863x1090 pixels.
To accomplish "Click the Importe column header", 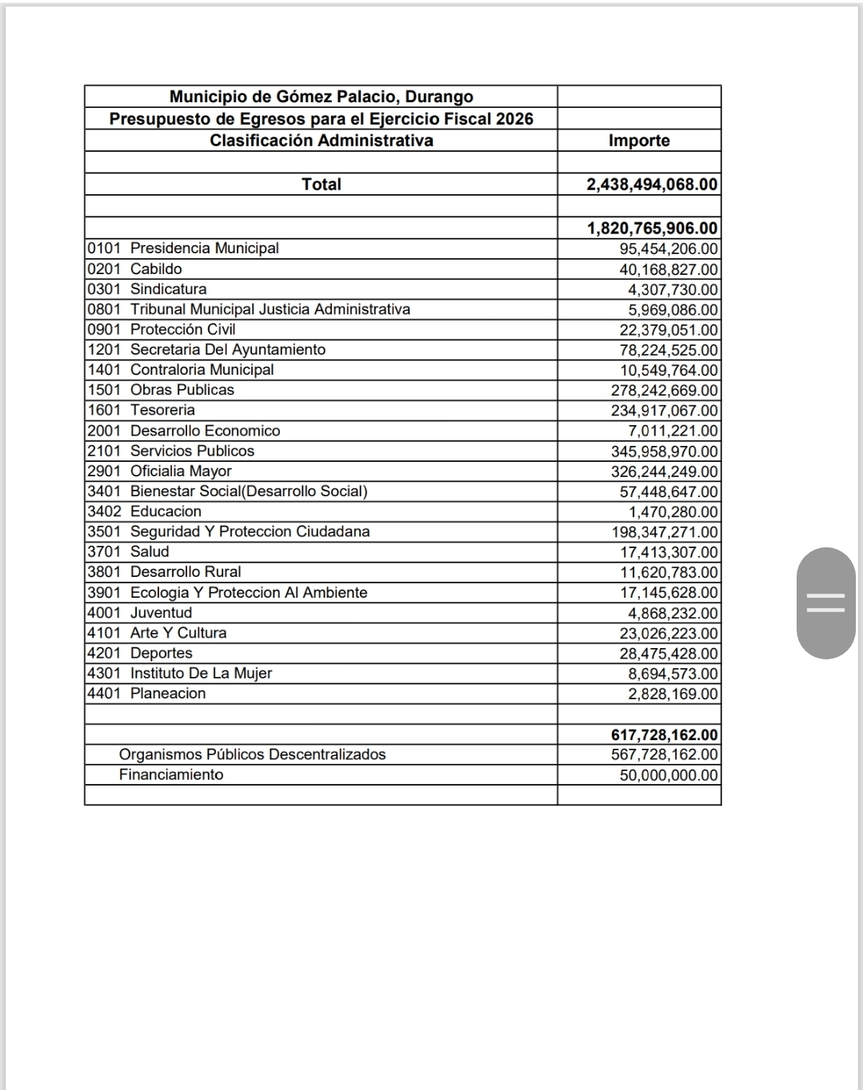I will [639, 141].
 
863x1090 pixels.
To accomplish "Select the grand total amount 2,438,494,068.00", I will [652, 185].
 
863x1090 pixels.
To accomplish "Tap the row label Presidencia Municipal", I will [204, 249].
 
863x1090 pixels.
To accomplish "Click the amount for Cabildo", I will [668, 270].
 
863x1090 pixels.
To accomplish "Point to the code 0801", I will [104, 309].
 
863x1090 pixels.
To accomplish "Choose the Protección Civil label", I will [182, 329].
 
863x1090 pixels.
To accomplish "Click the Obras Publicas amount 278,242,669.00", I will [664, 391].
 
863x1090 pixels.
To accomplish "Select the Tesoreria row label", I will [162, 410].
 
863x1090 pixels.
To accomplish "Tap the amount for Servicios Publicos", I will [664, 452].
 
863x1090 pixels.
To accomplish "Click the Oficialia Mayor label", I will [181, 471].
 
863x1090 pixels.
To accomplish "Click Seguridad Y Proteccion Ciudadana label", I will [250, 531].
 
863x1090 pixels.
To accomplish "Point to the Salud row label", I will [150, 551].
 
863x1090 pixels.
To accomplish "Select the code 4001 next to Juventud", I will [104, 613].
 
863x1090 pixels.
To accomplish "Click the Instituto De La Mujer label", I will [201, 673].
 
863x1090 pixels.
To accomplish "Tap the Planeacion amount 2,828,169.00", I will [673, 694].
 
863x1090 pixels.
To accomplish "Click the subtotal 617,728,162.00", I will [664, 735].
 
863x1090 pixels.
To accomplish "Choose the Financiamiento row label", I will [171, 774].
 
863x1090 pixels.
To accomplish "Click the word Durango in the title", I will [439, 97].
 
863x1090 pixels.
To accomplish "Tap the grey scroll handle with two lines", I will [826, 603].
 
